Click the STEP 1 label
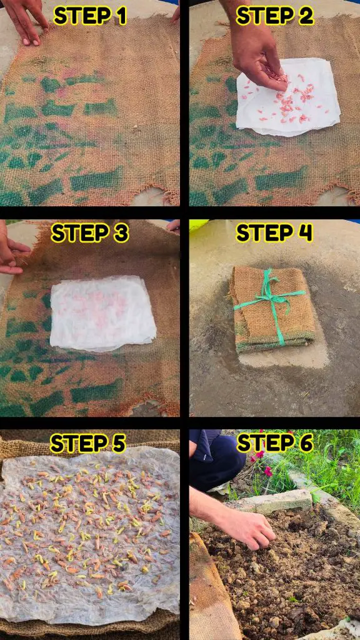[x=90, y=16]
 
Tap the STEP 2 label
[x=275, y=16]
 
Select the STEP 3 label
[x=90, y=233]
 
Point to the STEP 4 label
[x=274, y=233]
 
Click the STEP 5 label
[x=87, y=443]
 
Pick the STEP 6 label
[x=275, y=442]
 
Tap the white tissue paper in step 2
[x=287, y=97]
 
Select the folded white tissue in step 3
[x=103, y=314]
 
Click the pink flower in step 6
[x=267, y=471]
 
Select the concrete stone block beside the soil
[x=277, y=501]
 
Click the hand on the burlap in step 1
[x=26, y=21]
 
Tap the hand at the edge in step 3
[x=11, y=250]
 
